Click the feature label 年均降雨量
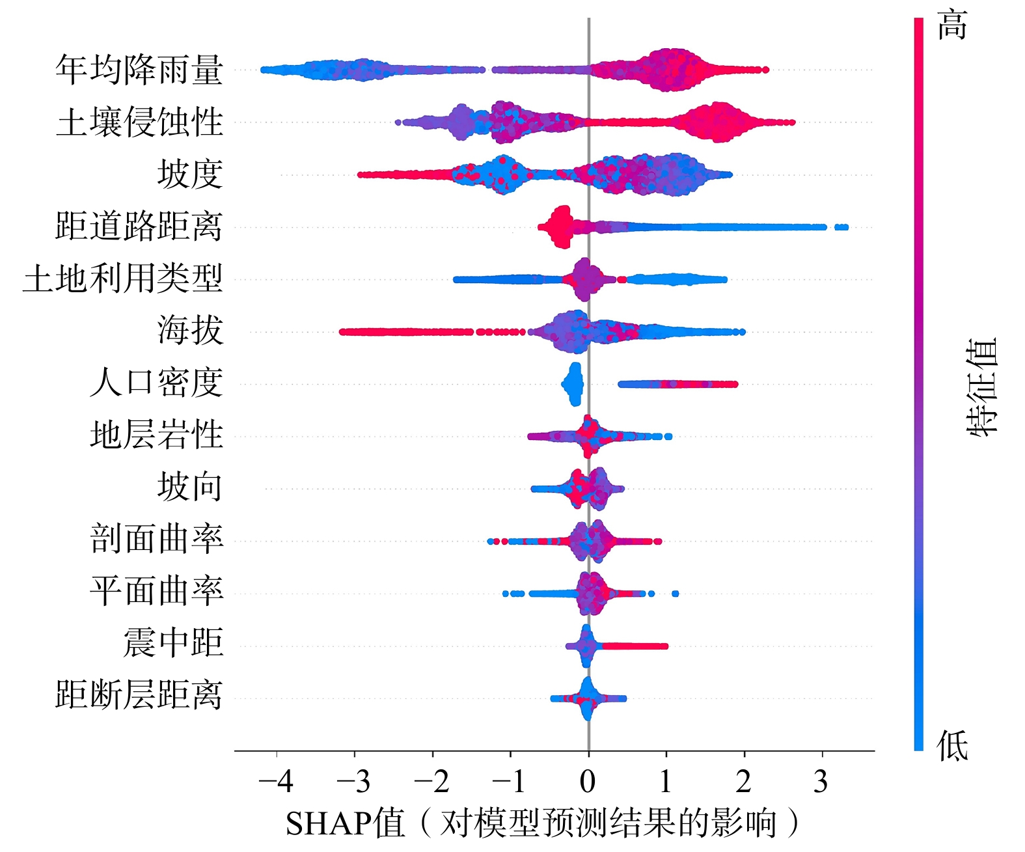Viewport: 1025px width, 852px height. click(139, 70)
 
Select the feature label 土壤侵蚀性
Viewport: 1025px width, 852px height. click(139, 122)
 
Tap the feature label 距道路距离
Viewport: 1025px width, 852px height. click(139, 227)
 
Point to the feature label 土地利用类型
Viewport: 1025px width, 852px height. click(123, 279)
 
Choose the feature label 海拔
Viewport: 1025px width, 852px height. click(189, 331)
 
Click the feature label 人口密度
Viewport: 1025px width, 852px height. click(156, 383)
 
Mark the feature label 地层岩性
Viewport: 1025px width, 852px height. click(156, 435)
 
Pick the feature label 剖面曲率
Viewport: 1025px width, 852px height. click(156, 540)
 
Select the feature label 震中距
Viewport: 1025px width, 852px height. click(173, 644)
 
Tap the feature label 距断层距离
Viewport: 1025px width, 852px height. click(139, 695)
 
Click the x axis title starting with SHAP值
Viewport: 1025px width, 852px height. click(542, 823)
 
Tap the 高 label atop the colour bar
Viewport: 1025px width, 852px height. click(952, 26)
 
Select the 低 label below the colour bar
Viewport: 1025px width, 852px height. click(952, 746)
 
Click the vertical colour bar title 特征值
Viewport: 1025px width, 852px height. click(981, 387)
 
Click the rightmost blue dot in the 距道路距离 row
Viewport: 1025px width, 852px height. click(845, 227)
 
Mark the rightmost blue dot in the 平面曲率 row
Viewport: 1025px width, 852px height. click(675, 594)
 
